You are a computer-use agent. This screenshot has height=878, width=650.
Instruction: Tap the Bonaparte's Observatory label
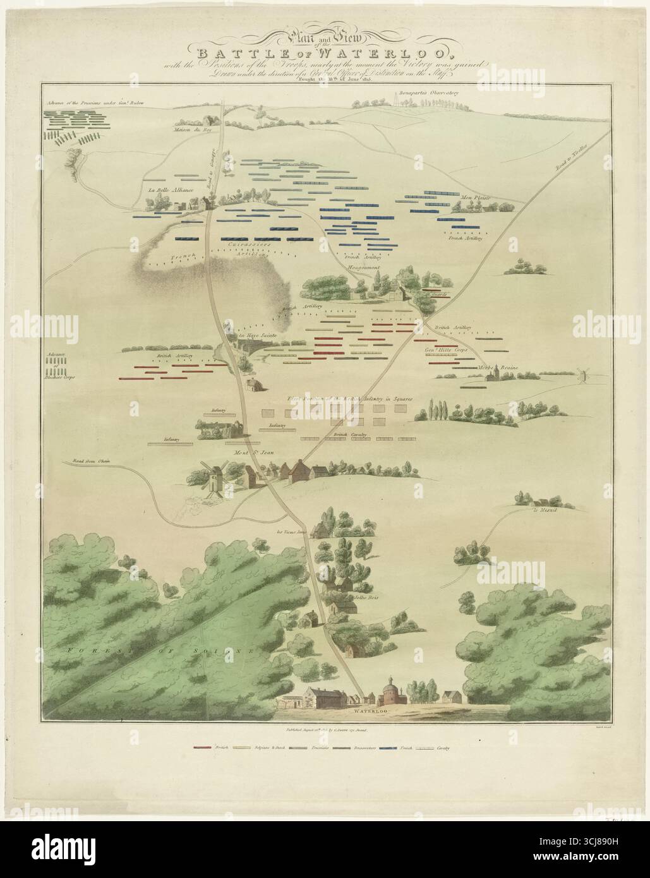pos(431,92)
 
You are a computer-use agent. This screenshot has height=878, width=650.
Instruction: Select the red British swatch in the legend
pos(202,748)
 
